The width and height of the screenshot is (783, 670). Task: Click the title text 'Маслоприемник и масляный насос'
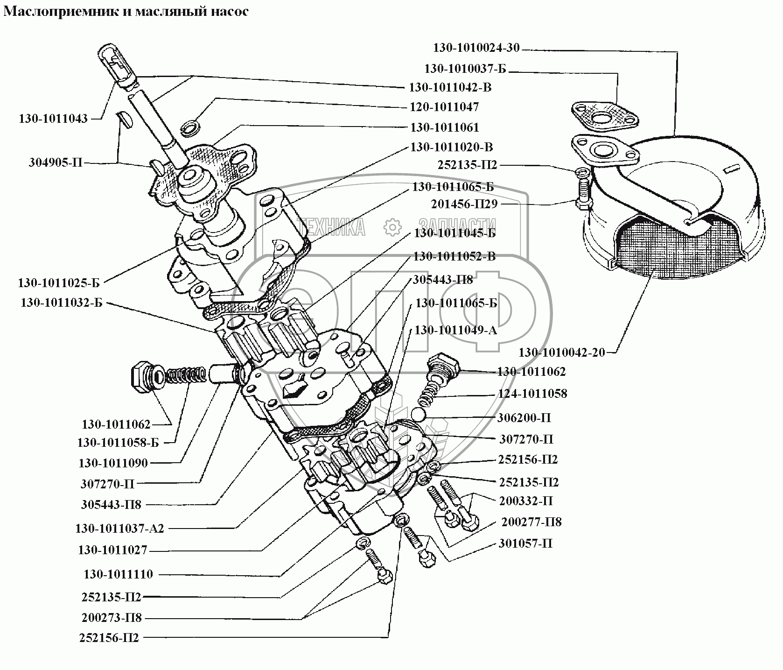(x=126, y=12)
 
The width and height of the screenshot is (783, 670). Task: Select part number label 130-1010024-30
(x=476, y=48)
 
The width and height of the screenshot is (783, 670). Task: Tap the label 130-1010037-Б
(x=465, y=69)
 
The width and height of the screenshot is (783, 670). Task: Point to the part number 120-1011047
(x=444, y=107)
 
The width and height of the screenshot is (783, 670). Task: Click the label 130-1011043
(x=53, y=119)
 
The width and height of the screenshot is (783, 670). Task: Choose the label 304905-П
(x=55, y=163)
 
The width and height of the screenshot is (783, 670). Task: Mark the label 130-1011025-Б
(x=59, y=283)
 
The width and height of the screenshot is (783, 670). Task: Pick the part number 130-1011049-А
(x=456, y=330)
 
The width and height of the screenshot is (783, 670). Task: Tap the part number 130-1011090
(x=113, y=463)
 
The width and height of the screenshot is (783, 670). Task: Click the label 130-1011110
(x=119, y=574)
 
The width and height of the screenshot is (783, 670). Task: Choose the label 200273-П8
(x=111, y=618)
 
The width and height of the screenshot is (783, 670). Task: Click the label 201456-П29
(x=464, y=204)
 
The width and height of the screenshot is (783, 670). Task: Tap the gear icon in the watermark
(x=392, y=227)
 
